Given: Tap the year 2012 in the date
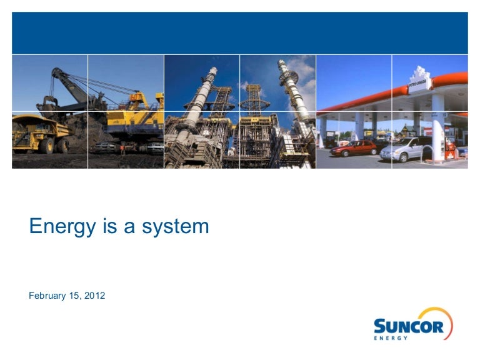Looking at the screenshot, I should (x=94, y=296).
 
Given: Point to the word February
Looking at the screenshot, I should (x=47, y=296).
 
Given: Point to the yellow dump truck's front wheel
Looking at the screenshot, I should (x=43, y=145).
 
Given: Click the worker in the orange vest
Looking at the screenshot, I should (x=123, y=149).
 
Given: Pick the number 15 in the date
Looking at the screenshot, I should (x=75, y=296).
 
